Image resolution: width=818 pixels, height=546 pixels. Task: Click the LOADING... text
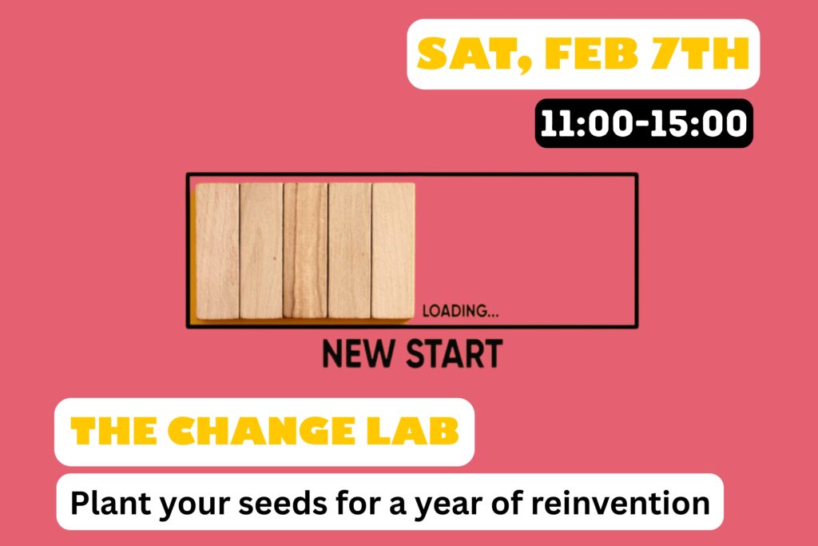click(460, 311)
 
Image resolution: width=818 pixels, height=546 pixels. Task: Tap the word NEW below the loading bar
click(358, 354)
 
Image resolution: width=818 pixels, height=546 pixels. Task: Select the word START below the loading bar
click(454, 354)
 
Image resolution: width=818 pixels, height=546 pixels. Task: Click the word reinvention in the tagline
click(620, 503)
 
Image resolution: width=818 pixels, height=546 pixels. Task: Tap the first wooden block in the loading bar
click(217, 251)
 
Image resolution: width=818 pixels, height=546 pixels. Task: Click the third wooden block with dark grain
click(305, 250)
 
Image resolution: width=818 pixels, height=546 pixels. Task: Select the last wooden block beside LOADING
click(393, 250)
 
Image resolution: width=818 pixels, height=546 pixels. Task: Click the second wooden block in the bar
click(261, 250)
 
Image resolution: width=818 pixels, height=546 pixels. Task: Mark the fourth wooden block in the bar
click(350, 250)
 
